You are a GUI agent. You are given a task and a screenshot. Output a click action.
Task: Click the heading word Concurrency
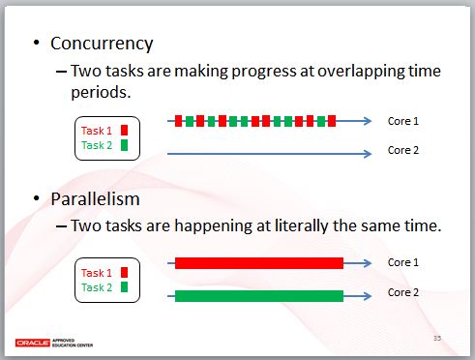102,44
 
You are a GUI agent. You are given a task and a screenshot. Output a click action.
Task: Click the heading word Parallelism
95,199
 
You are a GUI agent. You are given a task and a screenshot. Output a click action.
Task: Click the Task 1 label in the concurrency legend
97,131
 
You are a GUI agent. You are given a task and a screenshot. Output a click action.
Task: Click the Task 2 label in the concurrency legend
97,145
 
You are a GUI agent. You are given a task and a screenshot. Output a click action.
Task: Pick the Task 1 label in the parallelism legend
97,273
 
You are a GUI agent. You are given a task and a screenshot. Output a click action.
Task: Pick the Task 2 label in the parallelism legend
97,287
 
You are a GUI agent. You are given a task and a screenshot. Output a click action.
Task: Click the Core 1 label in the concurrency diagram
402,121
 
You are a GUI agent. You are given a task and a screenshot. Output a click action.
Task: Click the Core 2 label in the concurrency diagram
402,150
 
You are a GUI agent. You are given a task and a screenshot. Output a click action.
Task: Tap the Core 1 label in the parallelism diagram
402,262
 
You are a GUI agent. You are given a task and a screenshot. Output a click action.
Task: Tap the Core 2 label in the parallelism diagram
402,291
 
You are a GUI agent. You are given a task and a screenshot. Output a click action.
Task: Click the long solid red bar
258,263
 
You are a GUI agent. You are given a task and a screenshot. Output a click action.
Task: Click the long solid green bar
258,295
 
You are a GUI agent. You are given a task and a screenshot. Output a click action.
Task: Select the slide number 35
436,337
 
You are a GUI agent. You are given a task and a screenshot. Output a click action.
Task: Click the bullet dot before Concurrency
38,45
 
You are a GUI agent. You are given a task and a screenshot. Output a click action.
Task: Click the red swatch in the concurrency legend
124,131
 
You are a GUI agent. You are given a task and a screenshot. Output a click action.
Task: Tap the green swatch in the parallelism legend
124,287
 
